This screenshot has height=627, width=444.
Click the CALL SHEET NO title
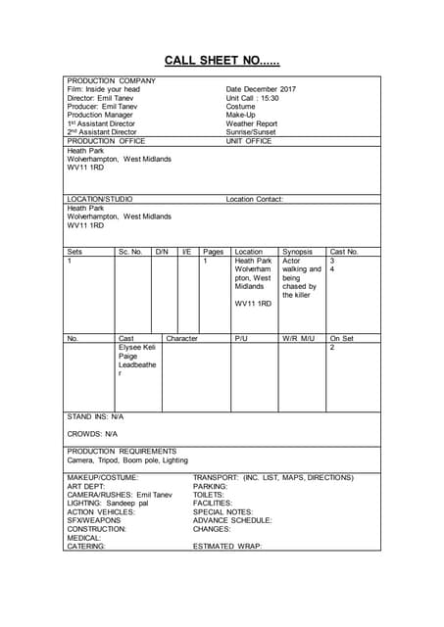(222, 61)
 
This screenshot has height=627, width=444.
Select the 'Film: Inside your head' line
(103, 89)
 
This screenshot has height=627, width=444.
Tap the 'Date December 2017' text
(261, 89)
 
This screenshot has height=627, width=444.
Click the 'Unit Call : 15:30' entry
(253, 98)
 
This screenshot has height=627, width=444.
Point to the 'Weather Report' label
(252, 124)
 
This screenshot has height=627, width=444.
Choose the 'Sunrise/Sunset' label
(251, 132)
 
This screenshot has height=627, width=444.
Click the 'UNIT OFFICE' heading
(249, 141)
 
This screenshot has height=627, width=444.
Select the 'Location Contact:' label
(254, 199)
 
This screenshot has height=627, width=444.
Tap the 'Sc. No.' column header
(130, 252)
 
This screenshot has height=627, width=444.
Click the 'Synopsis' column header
(298, 252)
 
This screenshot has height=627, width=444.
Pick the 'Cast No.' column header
(344, 252)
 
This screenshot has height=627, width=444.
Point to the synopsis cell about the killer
(301, 278)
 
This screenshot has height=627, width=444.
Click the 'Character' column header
(181, 338)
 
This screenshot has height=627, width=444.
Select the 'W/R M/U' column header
(298, 338)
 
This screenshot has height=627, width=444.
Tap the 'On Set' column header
(341, 338)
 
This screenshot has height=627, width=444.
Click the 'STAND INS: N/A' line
(95, 416)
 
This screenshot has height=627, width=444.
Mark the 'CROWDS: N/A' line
(92, 433)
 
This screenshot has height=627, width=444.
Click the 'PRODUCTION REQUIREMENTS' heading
(122, 451)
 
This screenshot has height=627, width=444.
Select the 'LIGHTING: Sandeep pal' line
(108, 504)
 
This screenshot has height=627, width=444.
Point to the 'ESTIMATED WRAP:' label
(227, 546)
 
